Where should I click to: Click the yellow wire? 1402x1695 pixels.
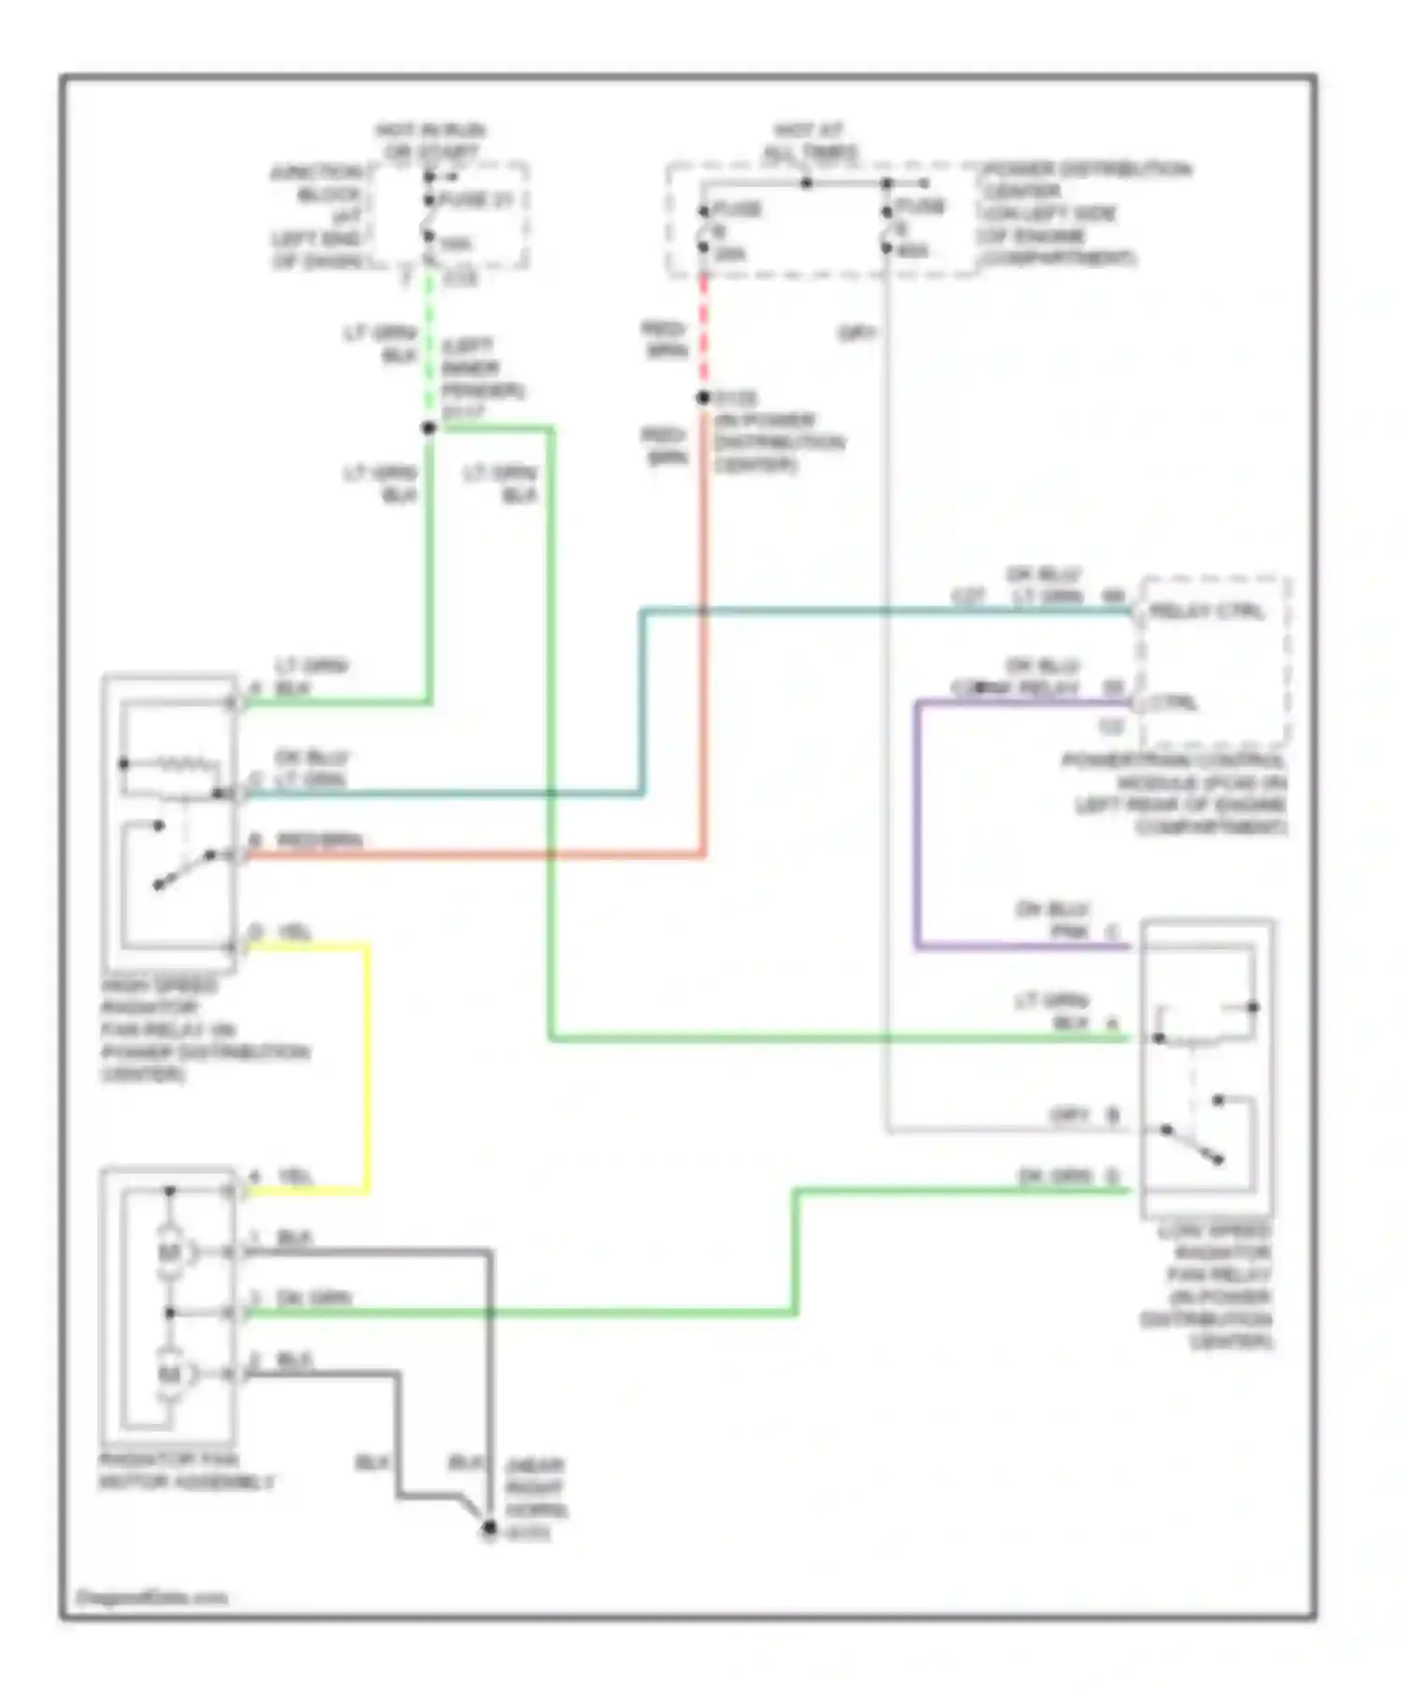(x=366, y=1065)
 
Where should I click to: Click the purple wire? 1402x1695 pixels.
(x=918, y=822)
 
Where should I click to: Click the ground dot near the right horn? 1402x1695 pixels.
(x=489, y=1528)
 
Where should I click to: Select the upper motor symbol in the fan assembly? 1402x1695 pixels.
(x=170, y=1252)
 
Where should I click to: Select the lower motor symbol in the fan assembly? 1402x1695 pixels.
(x=170, y=1375)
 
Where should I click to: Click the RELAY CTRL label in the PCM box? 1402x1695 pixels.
(x=1207, y=612)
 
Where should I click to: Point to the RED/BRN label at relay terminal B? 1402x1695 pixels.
(x=320, y=841)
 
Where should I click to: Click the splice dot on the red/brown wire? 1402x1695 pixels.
(x=704, y=398)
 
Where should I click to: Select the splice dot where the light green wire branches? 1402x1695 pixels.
(x=429, y=428)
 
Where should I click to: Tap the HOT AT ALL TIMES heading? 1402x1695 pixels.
(x=809, y=140)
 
